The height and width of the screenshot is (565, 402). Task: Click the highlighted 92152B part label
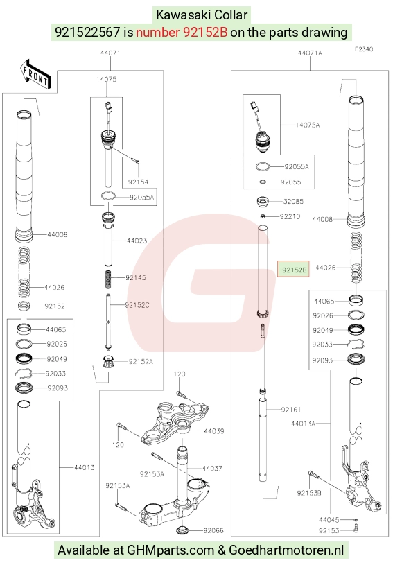pyautogui.click(x=294, y=270)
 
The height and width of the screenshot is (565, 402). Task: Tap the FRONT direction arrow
pyautogui.click(x=35, y=75)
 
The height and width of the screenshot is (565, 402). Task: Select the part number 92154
pyautogui.click(x=138, y=182)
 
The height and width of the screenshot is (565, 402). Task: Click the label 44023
pyautogui.click(x=137, y=241)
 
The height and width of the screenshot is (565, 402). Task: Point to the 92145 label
pyautogui.click(x=136, y=278)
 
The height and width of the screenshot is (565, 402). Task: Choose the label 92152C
pyautogui.click(x=137, y=305)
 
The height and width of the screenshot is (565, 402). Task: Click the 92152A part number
pyautogui.click(x=141, y=361)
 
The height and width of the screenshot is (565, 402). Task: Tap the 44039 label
pyautogui.click(x=214, y=431)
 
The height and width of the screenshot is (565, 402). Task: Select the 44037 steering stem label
pyautogui.click(x=212, y=469)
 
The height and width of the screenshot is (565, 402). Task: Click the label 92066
pyautogui.click(x=213, y=530)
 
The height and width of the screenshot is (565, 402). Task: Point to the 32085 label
pyautogui.click(x=293, y=202)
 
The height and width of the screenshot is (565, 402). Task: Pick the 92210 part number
pyautogui.click(x=290, y=216)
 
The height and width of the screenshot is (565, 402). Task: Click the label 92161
pyautogui.click(x=291, y=410)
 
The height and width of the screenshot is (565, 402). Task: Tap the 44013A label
pyautogui.click(x=303, y=424)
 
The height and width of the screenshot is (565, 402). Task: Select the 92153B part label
pyautogui.click(x=309, y=493)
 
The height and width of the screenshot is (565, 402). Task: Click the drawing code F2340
pyautogui.click(x=364, y=49)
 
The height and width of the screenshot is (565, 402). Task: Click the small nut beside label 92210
pyautogui.click(x=263, y=216)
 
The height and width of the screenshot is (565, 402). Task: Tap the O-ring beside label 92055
pyautogui.click(x=263, y=182)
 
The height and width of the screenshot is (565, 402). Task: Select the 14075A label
pyautogui.click(x=308, y=125)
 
